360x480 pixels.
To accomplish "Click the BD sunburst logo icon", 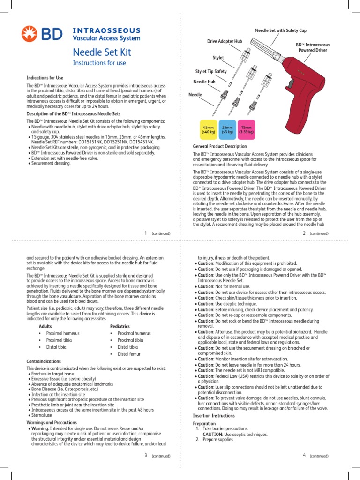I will pos(30,34).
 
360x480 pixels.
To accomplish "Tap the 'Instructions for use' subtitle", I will pos(99,63).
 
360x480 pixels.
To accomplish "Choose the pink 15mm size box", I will pos(246,130).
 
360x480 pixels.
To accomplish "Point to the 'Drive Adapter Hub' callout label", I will pos(225,42).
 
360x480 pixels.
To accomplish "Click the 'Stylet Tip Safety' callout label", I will pos(211,71).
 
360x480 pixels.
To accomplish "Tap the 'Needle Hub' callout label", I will pos(204,82).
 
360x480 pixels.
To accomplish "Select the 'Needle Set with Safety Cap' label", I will pos(280,30).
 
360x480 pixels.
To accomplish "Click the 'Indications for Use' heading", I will pos(45,77).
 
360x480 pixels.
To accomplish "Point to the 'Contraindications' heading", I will pos(44,361).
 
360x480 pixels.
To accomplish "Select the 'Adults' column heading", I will pos(45,325).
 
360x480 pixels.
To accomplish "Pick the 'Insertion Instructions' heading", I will pos(214,416).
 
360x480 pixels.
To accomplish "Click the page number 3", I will pos(146,455).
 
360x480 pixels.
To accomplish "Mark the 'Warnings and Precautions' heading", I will pos(51,422).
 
